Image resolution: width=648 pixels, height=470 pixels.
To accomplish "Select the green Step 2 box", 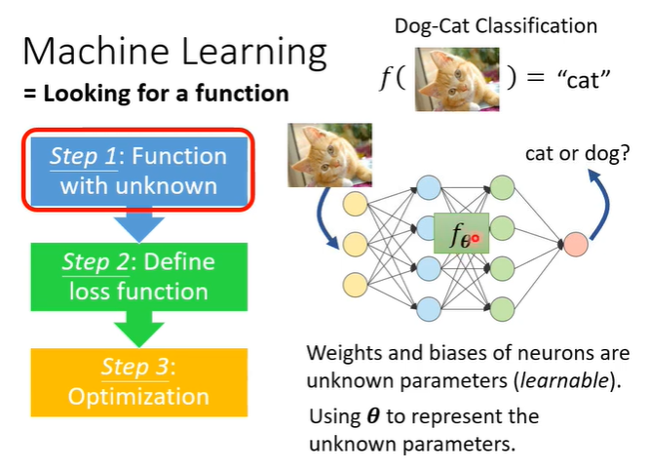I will [x=138, y=276].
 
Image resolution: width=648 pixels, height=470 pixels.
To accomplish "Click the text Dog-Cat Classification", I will [x=496, y=26].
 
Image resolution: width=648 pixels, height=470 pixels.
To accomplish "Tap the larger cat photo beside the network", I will [x=330, y=154].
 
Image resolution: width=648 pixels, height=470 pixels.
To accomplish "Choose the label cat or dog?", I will [x=574, y=153].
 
